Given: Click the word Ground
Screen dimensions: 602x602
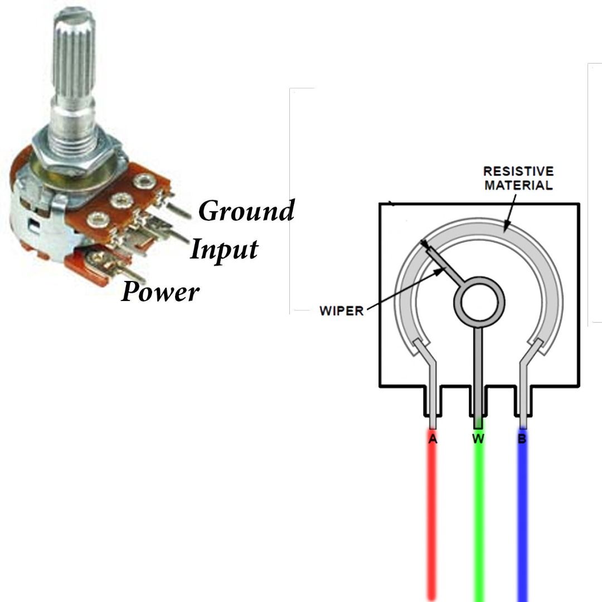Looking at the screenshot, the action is coord(246,210).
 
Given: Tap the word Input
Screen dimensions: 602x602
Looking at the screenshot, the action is coord(224,250).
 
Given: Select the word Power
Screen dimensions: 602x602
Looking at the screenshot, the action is coord(160,292).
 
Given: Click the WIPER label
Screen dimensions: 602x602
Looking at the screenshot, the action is coord(341,310).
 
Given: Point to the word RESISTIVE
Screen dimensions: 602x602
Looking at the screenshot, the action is coord(518,171).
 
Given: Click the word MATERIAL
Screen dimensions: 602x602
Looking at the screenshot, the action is coord(518,186).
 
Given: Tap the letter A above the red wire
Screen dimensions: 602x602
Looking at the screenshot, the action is coord(433,439).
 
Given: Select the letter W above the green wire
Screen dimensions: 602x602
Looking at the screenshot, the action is coord(478,439).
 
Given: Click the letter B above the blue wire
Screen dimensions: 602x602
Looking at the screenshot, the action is coord(522,439).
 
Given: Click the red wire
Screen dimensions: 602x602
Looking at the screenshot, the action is coord(433,514).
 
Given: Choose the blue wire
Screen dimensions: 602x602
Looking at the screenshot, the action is coord(522,514).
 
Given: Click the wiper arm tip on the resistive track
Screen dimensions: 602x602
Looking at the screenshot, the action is coord(424,244).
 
